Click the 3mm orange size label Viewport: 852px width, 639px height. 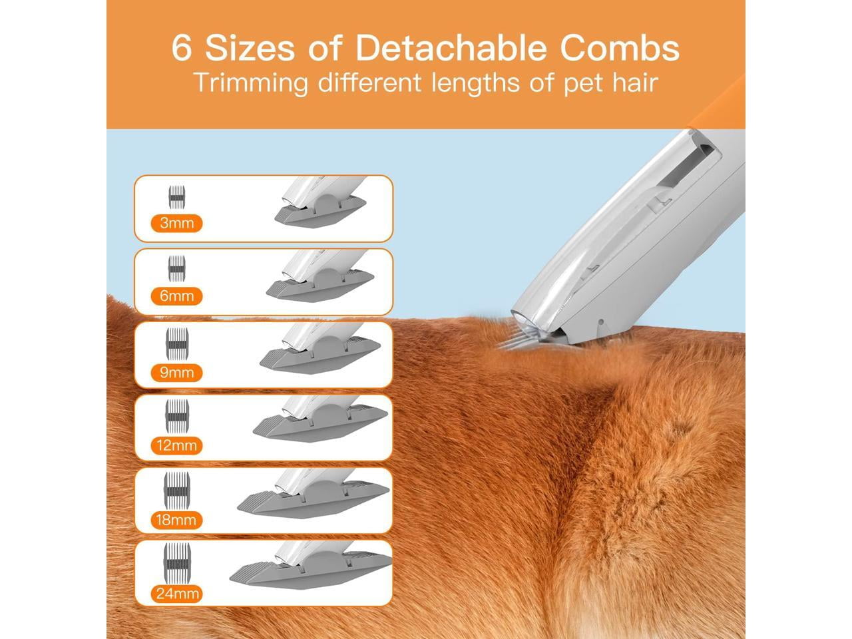(x=176, y=223)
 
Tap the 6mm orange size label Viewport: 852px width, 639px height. (x=176, y=296)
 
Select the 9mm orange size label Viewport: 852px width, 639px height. (x=176, y=373)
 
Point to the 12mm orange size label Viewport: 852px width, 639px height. (x=176, y=445)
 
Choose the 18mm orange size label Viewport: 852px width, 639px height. (x=176, y=520)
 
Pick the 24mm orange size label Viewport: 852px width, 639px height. (x=177, y=594)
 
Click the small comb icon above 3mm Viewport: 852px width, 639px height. (x=176, y=197)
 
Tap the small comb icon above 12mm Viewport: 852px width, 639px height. (x=177, y=416)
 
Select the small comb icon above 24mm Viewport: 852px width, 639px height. (x=177, y=562)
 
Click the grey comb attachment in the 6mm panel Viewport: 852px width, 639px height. (x=320, y=284)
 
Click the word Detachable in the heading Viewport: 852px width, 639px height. (x=451, y=48)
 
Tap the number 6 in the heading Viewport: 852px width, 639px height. (x=182, y=49)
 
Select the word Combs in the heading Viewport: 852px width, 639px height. (x=620, y=48)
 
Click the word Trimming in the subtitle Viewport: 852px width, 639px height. (x=251, y=83)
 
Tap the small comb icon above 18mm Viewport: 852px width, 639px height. (x=177, y=491)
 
